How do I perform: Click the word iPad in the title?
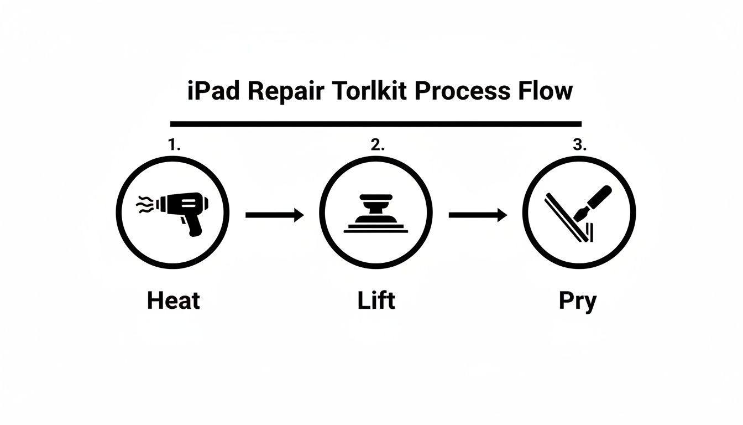coord(213,91)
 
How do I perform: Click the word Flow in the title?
coord(545,91)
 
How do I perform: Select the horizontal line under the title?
coord(376,124)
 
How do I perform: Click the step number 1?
coord(174,145)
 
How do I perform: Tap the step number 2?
coord(377,145)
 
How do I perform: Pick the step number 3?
coord(579,145)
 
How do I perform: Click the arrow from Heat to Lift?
coord(275,215)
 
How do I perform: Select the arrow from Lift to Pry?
coord(478,215)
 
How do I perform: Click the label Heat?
coord(174,300)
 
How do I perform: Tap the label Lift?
coord(376,300)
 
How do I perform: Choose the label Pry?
coord(578,302)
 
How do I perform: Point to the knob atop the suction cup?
coord(376,199)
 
